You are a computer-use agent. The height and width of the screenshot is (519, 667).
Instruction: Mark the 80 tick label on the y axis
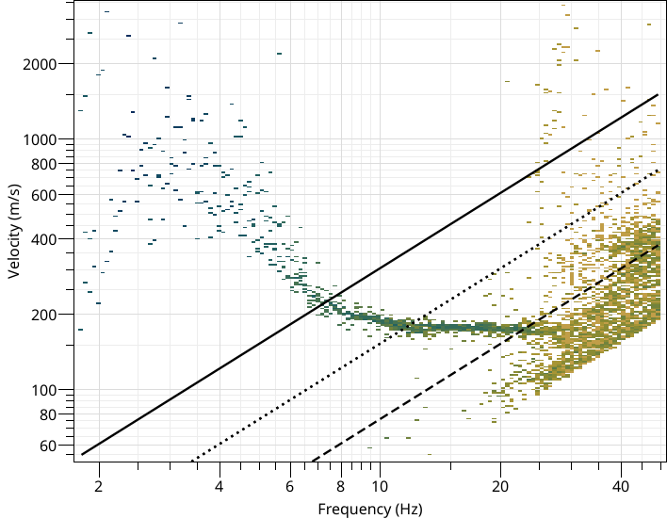point(54,414)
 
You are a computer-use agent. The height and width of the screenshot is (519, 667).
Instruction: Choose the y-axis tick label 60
point(54,446)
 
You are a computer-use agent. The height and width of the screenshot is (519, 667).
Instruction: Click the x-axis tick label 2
point(98,487)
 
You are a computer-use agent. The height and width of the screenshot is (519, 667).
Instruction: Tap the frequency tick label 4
point(219,487)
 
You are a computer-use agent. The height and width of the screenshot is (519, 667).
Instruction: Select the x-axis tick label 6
point(289,487)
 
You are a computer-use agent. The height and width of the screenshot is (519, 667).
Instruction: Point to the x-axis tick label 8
point(340,487)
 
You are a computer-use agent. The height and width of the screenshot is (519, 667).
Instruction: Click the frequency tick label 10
point(379,487)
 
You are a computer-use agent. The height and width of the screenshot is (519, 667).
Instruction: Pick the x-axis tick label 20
point(499,487)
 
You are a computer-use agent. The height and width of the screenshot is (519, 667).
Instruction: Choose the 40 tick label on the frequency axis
point(620,487)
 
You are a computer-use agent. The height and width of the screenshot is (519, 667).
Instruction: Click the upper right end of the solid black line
point(657,94)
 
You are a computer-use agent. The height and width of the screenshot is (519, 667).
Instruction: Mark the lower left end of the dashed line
point(310,462)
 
